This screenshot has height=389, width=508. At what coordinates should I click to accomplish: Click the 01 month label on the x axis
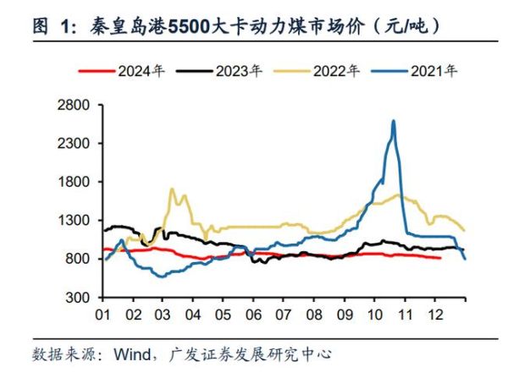click(102, 314)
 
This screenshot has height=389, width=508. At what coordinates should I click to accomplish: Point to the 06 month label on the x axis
click(252, 314)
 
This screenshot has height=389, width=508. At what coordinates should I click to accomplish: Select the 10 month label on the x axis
click(373, 314)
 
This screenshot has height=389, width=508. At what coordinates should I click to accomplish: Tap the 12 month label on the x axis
click(433, 314)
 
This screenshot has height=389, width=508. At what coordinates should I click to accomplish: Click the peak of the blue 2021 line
click(393, 121)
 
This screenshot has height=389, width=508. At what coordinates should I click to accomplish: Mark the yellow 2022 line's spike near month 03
click(172, 189)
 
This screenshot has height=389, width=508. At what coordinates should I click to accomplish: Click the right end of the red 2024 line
click(439, 258)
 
